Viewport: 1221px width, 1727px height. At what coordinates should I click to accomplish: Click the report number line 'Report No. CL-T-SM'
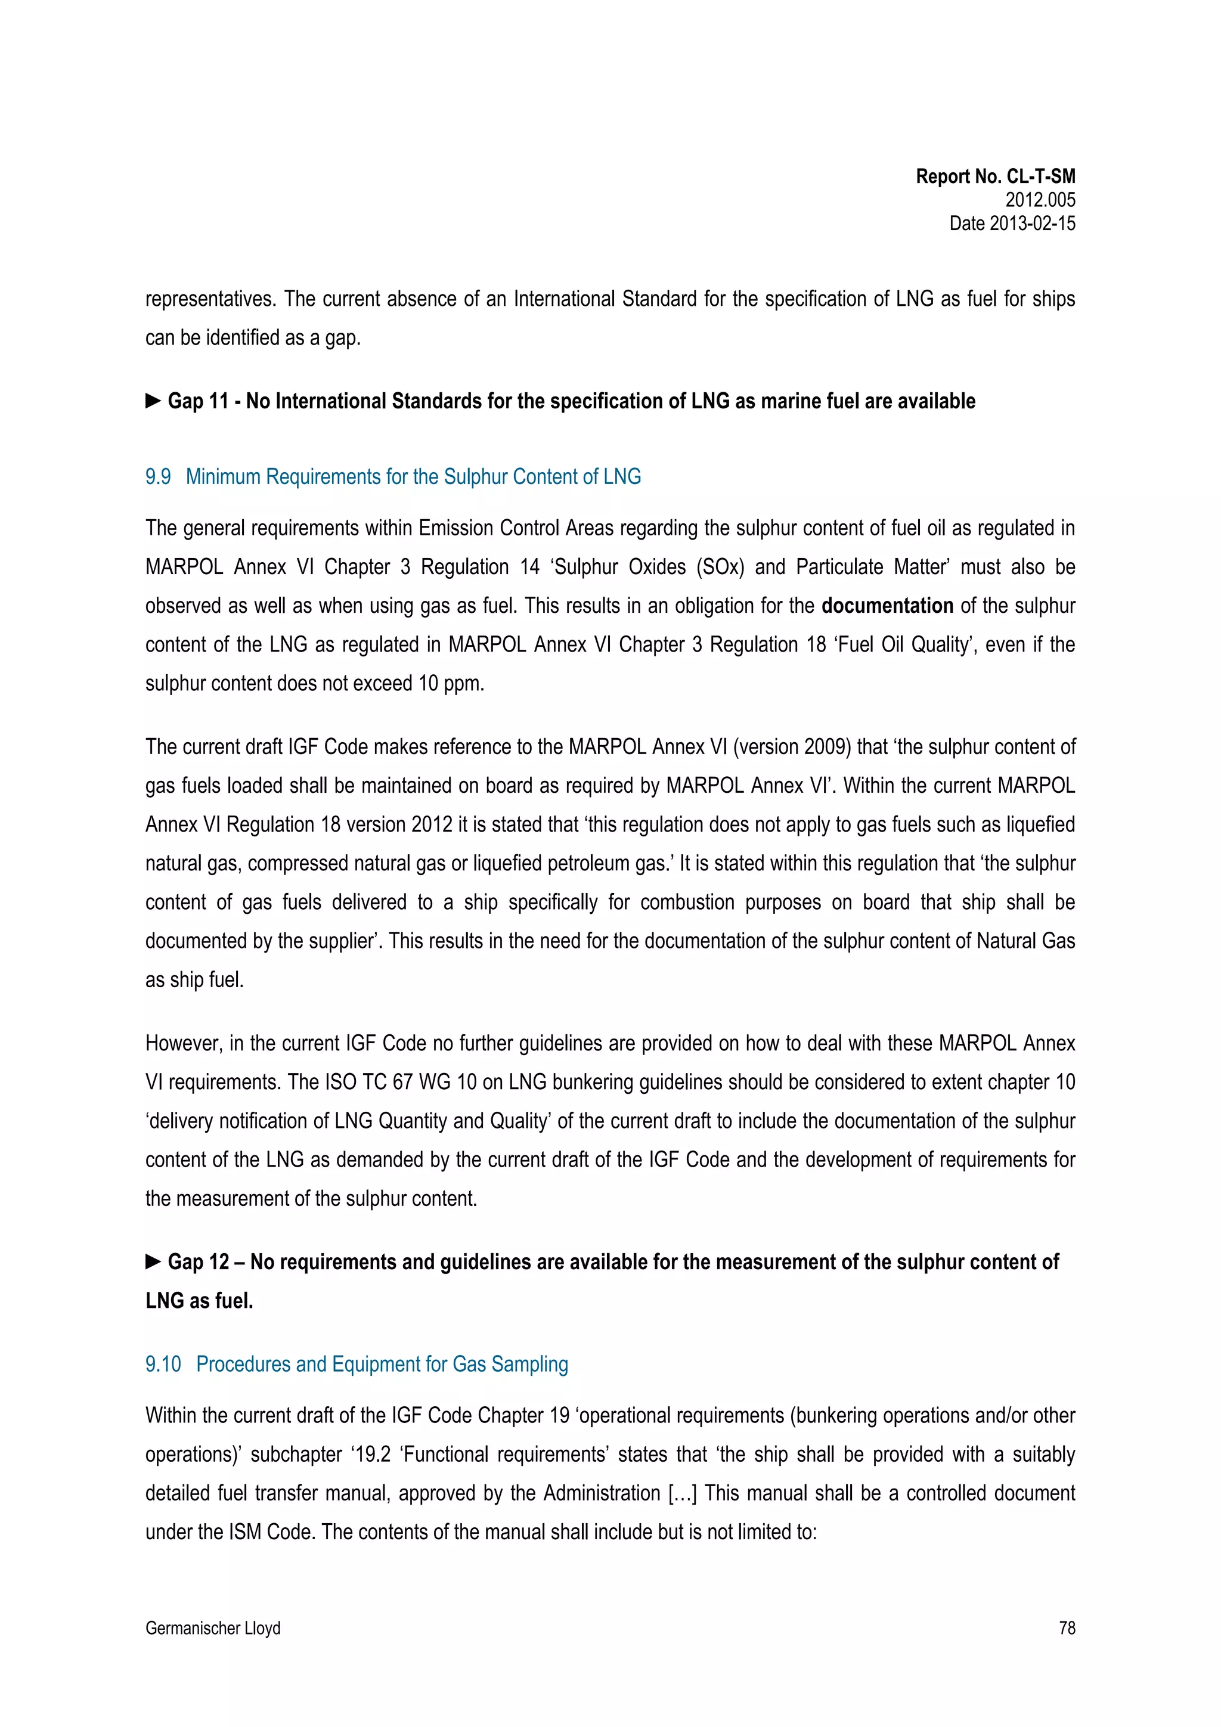click(994, 177)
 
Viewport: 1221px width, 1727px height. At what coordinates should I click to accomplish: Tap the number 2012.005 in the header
click(1040, 200)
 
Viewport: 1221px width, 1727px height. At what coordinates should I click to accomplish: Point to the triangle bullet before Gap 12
click(153, 1261)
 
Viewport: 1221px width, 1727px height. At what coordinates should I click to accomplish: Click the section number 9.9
click(158, 477)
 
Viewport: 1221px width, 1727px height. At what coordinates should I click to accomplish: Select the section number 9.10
click(163, 1364)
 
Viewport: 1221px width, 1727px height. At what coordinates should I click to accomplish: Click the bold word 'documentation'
click(887, 606)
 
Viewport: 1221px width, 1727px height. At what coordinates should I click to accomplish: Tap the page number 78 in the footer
click(1066, 1627)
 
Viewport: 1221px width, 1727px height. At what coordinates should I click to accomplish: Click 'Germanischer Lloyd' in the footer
click(213, 1627)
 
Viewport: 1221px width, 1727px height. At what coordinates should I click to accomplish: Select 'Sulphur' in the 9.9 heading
click(477, 477)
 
